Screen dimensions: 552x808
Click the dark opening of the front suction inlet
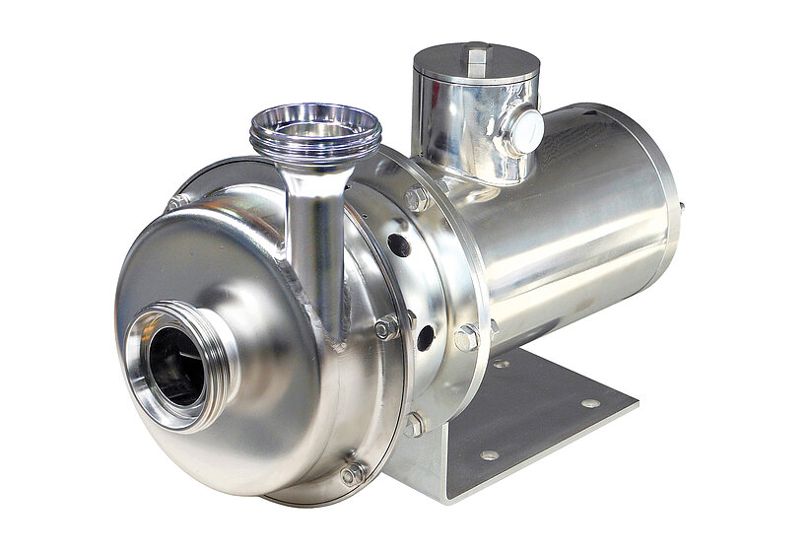(175, 366)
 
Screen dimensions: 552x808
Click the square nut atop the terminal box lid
(476, 56)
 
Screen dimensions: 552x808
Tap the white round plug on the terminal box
(524, 130)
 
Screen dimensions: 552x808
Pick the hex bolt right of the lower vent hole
(466, 338)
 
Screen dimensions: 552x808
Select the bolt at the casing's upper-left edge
(177, 202)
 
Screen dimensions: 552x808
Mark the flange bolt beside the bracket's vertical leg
(414, 425)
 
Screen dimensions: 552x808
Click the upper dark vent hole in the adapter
(398, 244)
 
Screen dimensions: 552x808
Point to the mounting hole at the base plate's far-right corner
(590, 402)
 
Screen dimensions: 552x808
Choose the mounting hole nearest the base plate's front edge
(489, 454)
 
